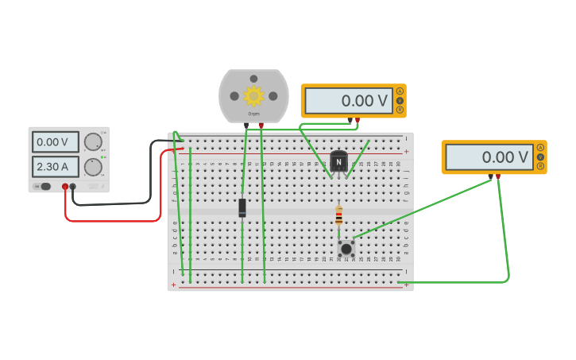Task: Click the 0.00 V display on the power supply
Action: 56,142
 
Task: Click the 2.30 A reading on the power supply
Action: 56,167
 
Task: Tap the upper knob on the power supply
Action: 93,141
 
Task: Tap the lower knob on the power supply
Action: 93,167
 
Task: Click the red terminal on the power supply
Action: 65,187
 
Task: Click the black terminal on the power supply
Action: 73,187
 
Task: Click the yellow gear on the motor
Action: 253,96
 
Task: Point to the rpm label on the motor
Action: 253,114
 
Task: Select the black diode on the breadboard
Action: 242,207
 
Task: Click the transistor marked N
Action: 339,161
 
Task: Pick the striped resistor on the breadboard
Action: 339,215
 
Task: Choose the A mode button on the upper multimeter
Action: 400,91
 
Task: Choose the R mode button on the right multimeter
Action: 541,167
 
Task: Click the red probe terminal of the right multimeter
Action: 498,176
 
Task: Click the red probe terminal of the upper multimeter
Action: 358,120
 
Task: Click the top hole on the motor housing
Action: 253,79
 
